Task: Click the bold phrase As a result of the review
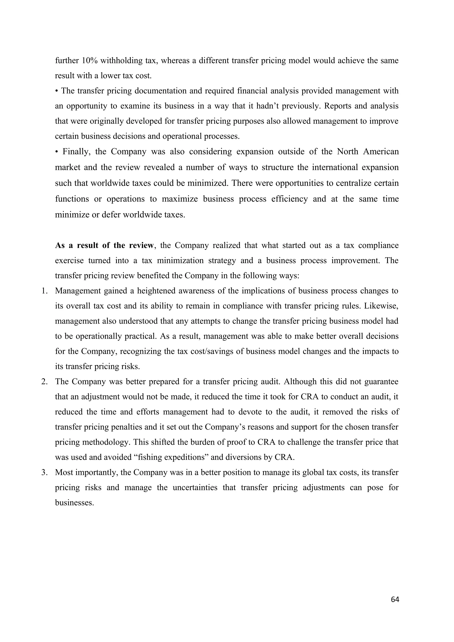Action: click(104, 245)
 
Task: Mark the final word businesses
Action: click(74, 502)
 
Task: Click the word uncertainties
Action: click(195, 487)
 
